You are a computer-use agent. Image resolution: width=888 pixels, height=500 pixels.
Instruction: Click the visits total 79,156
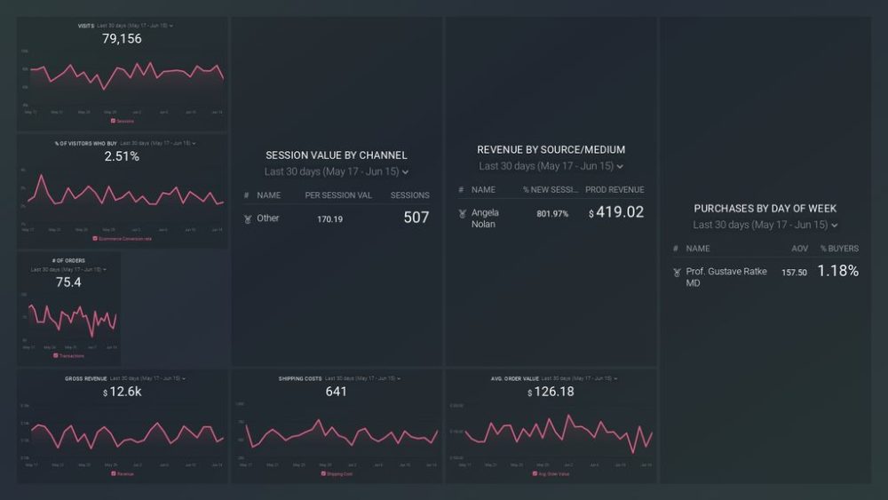coord(122,39)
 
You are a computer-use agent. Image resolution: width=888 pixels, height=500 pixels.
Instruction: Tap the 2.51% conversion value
coord(122,156)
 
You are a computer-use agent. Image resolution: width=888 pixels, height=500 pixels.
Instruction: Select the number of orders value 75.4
coord(68,282)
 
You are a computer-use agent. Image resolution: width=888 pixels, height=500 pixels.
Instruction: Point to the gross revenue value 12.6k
coord(122,393)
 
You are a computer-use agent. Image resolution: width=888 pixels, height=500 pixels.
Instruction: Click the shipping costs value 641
coord(337,392)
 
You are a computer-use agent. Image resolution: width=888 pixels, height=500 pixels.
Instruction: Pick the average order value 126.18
coord(551,393)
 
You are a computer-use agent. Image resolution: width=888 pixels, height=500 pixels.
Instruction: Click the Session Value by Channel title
coord(337,155)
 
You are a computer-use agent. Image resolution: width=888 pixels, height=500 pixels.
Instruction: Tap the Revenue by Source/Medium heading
coord(551,150)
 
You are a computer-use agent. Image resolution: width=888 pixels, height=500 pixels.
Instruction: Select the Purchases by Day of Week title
coord(765,209)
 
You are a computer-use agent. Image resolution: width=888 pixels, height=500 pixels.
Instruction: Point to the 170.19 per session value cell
coord(331,218)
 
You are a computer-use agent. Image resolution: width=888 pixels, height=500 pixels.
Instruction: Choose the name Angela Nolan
coord(485,218)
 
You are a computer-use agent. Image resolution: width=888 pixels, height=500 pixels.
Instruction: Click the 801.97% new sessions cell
coord(552,214)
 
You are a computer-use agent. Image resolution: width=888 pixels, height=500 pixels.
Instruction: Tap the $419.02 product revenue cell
coord(615,213)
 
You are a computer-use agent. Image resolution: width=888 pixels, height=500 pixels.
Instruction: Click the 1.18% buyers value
coord(837,272)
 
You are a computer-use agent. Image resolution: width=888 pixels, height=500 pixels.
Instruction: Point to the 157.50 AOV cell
coord(794,273)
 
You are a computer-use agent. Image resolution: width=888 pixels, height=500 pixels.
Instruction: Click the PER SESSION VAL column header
coord(338,195)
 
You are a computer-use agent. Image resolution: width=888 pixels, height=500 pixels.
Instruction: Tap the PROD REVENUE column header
coord(614,190)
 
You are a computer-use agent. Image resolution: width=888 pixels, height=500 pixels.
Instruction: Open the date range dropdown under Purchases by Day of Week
coord(765,226)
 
